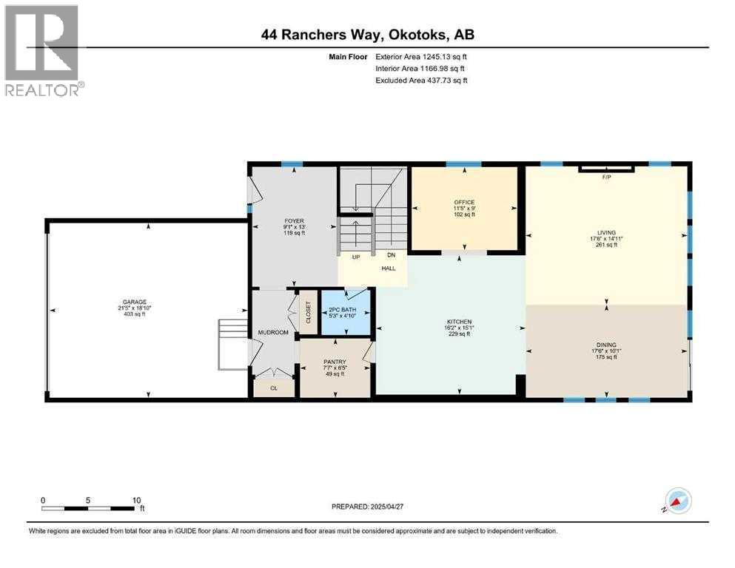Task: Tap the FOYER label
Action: tap(294, 220)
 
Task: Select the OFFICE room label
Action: tap(464, 202)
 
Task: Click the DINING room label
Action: tap(606, 344)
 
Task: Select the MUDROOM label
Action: tap(272, 333)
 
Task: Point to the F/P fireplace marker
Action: tap(606, 178)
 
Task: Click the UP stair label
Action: tap(355, 256)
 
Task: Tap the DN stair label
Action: tap(392, 256)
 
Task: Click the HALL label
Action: tap(389, 268)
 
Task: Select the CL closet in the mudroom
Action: tap(273, 387)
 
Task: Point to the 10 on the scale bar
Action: tap(136, 500)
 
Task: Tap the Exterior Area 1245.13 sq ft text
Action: tap(421, 56)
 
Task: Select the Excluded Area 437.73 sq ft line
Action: tap(421, 80)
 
